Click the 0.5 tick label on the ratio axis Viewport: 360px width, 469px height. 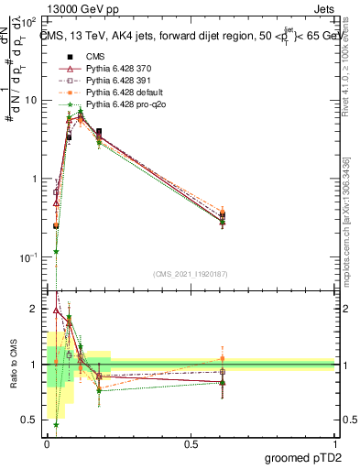[31, 420]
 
